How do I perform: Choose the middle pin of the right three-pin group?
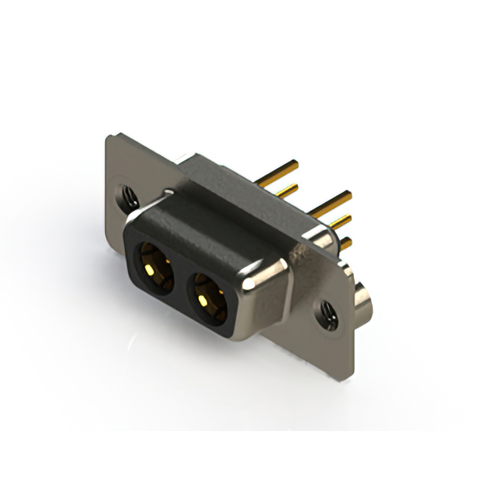click(339, 222)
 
